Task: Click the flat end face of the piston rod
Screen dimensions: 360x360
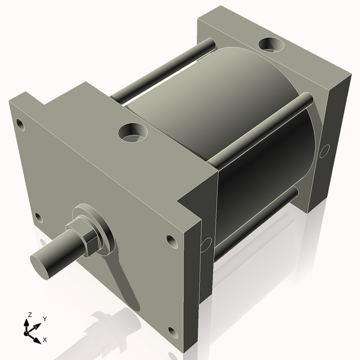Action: click(42, 263)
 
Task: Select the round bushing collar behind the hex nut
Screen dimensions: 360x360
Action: click(96, 225)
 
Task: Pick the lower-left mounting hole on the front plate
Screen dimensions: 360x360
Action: click(38, 217)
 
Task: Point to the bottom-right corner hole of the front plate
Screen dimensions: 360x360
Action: click(173, 332)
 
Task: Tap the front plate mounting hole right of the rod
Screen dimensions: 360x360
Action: click(172, 242)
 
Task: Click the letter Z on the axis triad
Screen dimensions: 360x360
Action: click(29, 314)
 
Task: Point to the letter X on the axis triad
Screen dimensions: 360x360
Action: click(45, 340)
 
